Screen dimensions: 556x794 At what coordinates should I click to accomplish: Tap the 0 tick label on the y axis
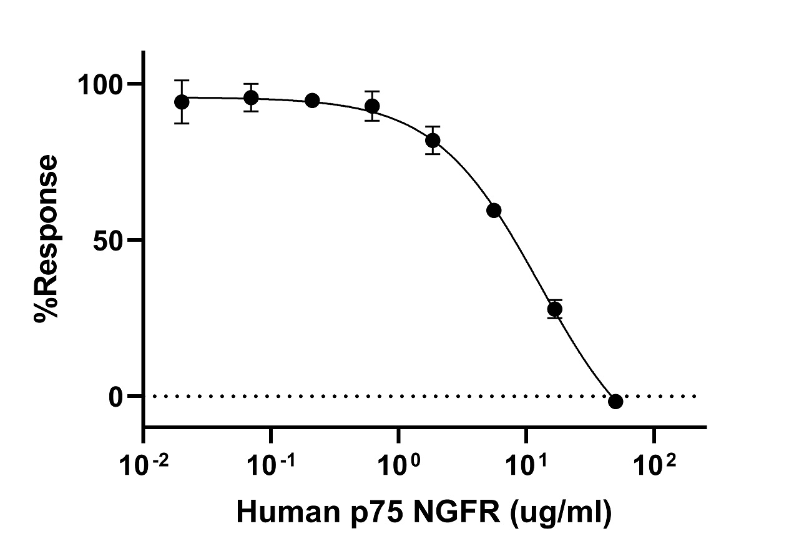pyautogui.click(x=116, y=396)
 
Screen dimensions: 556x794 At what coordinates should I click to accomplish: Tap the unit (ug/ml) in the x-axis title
pyautogui.click(x=562, y=514)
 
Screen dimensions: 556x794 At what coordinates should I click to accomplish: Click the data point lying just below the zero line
pyautogui.click(x=615, y=401)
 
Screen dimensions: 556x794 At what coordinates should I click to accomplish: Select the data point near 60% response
pyautogui.click(x=494, y=210)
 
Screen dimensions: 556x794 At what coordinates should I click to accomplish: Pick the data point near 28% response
pyautogui.click(x=555, y=309)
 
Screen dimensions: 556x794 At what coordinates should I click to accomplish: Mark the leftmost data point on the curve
pyautogui.click(x=182, y=102)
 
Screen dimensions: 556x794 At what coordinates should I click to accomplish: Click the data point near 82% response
pyautogui.click(x=433, y=140)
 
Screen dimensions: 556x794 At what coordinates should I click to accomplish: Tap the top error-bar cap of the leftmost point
pyautogui.click(x=182, y=81)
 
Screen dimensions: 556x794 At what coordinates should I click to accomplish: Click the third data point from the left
pyautogui.click(x=312, y=101)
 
